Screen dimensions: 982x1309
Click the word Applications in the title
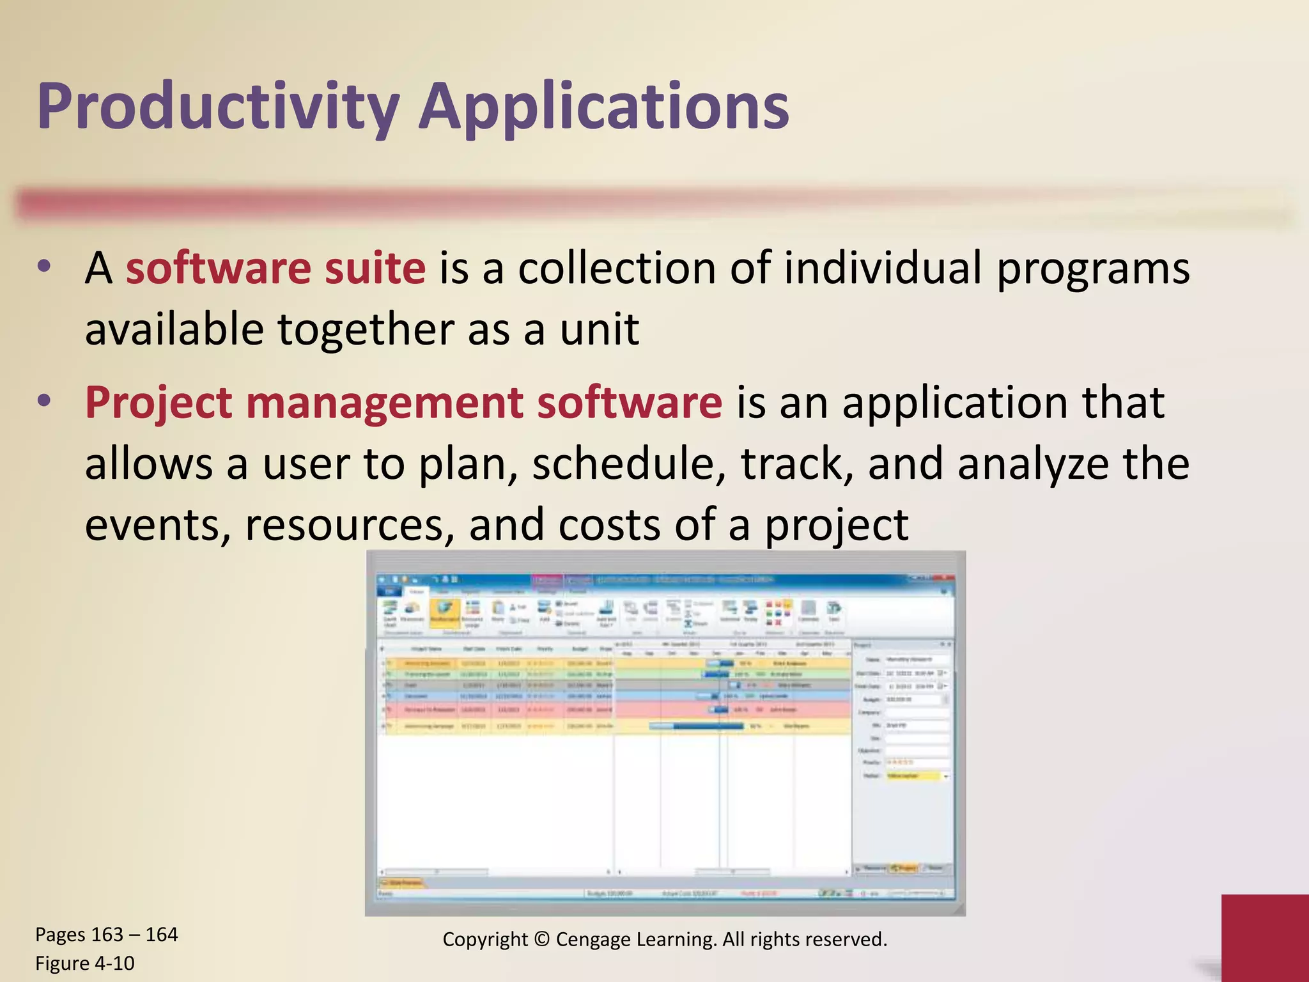[x=604, y=107]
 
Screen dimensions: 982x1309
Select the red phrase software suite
[x=275, y=269]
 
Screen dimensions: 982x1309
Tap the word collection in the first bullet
[x=616, y=269]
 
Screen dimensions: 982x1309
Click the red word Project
[x=159, y=404]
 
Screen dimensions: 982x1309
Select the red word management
[x=385, y=404]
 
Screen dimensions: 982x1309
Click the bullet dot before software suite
[x=44, y=267]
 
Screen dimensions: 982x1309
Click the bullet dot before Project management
[x=44, y=401]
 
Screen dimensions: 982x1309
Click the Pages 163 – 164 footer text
[x=106, y=935]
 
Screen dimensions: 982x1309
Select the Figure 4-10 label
[x=85, y=963]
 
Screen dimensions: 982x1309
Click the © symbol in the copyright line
[x=541, y=940]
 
